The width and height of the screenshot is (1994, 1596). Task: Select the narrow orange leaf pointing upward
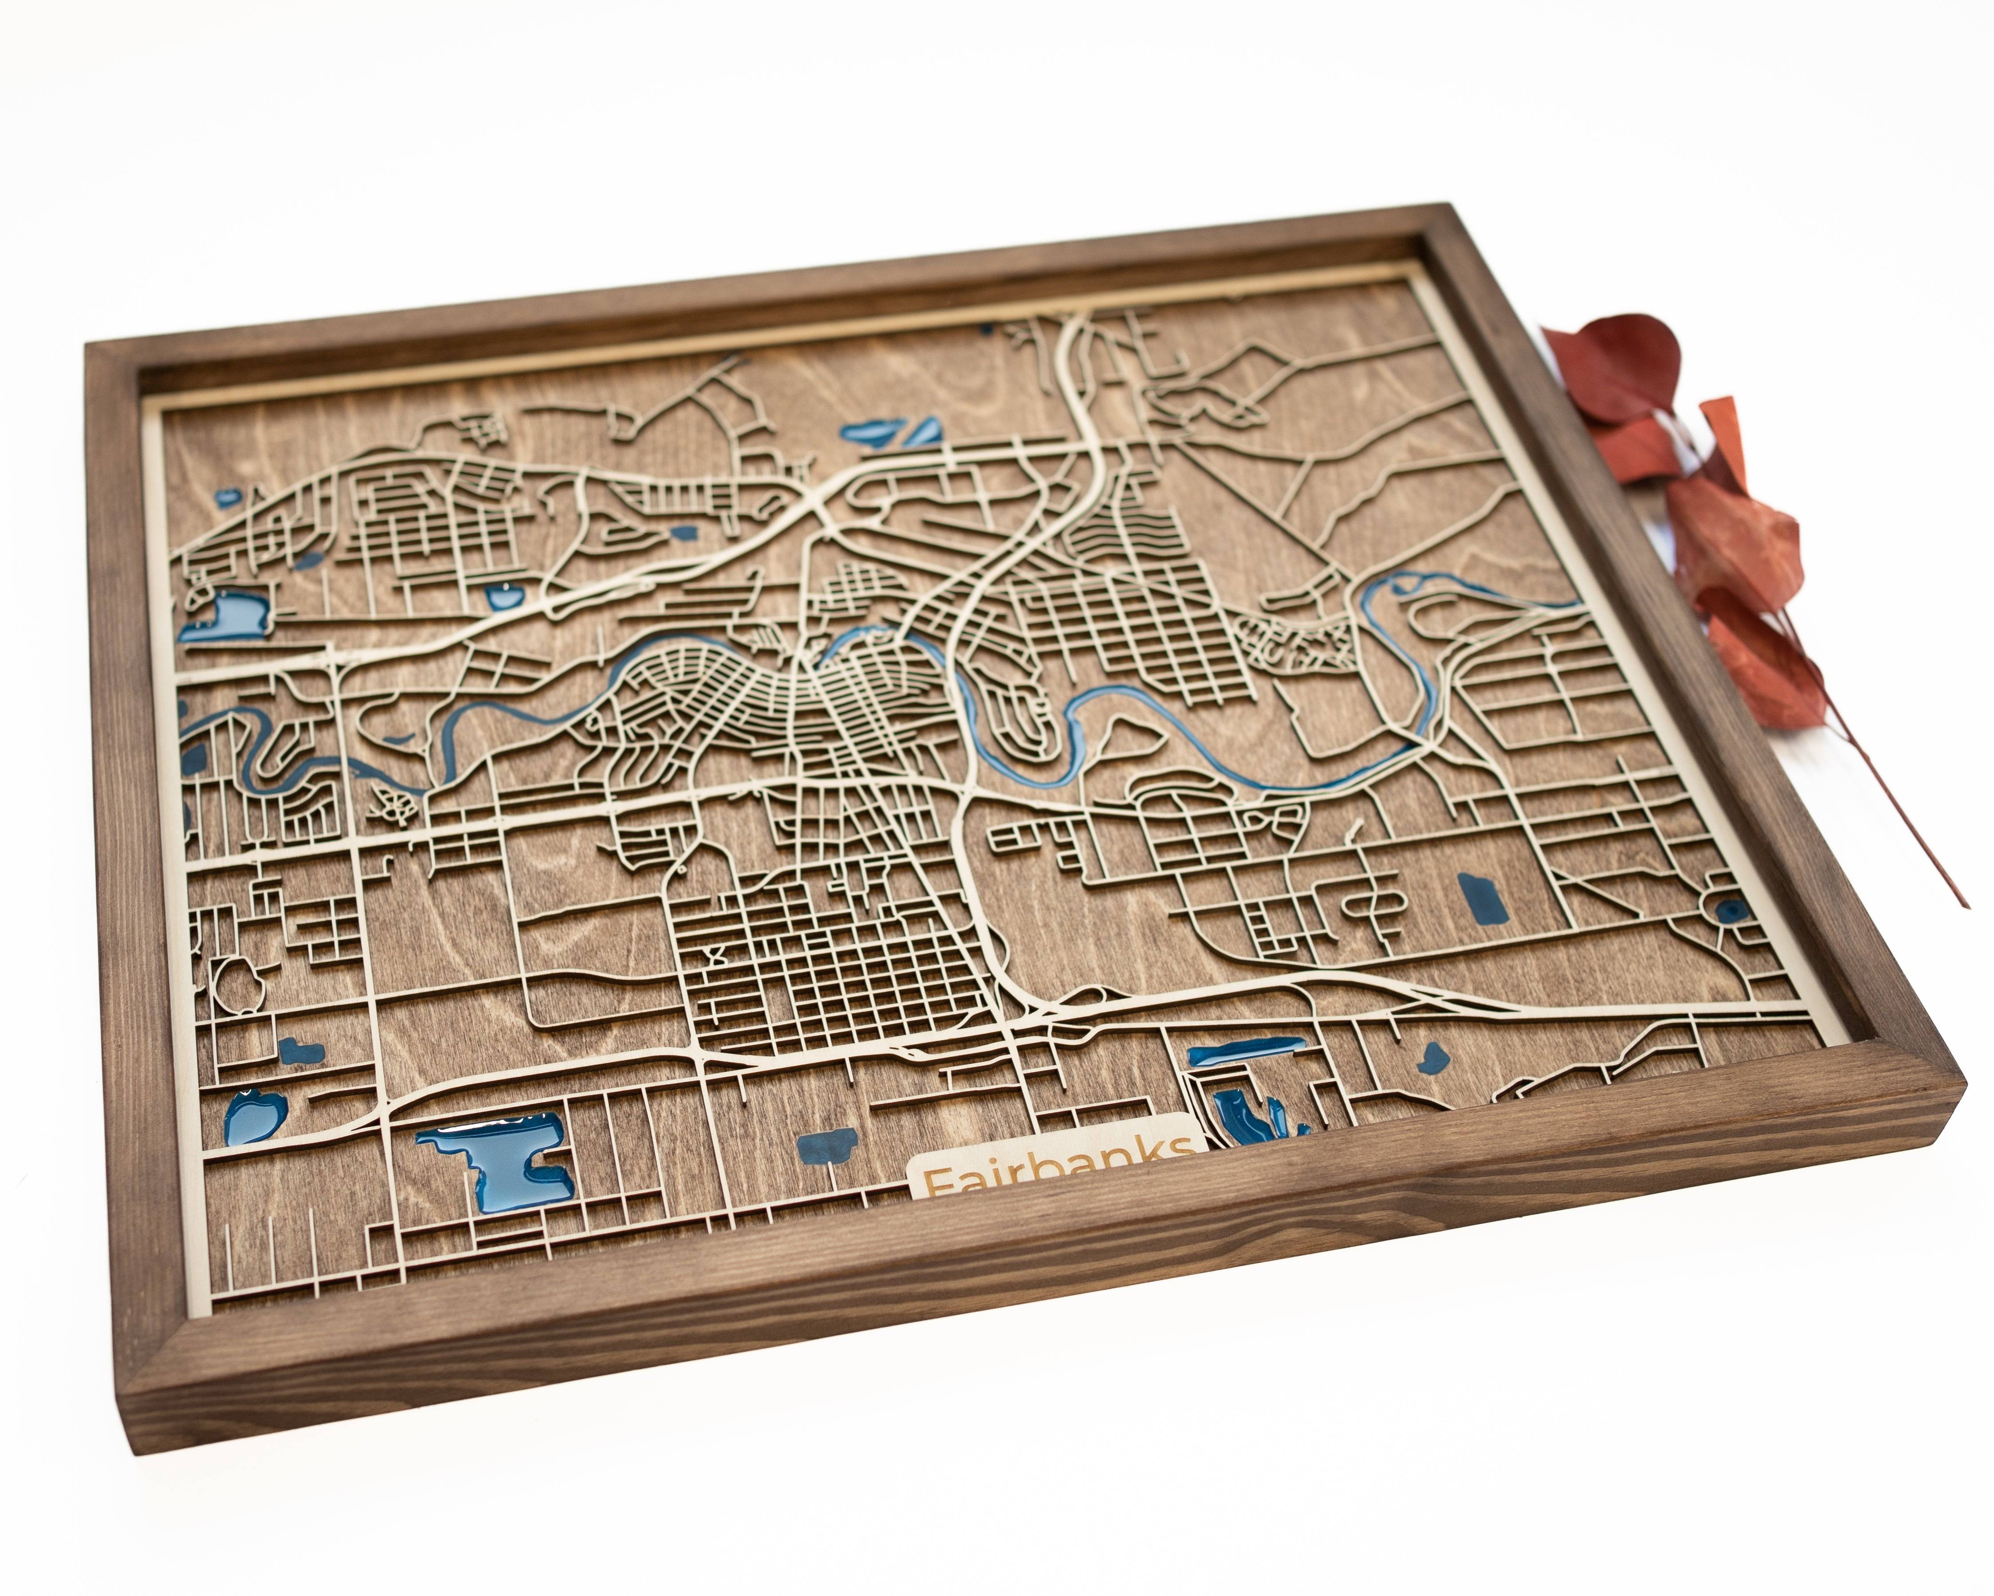pos(1726,435)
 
